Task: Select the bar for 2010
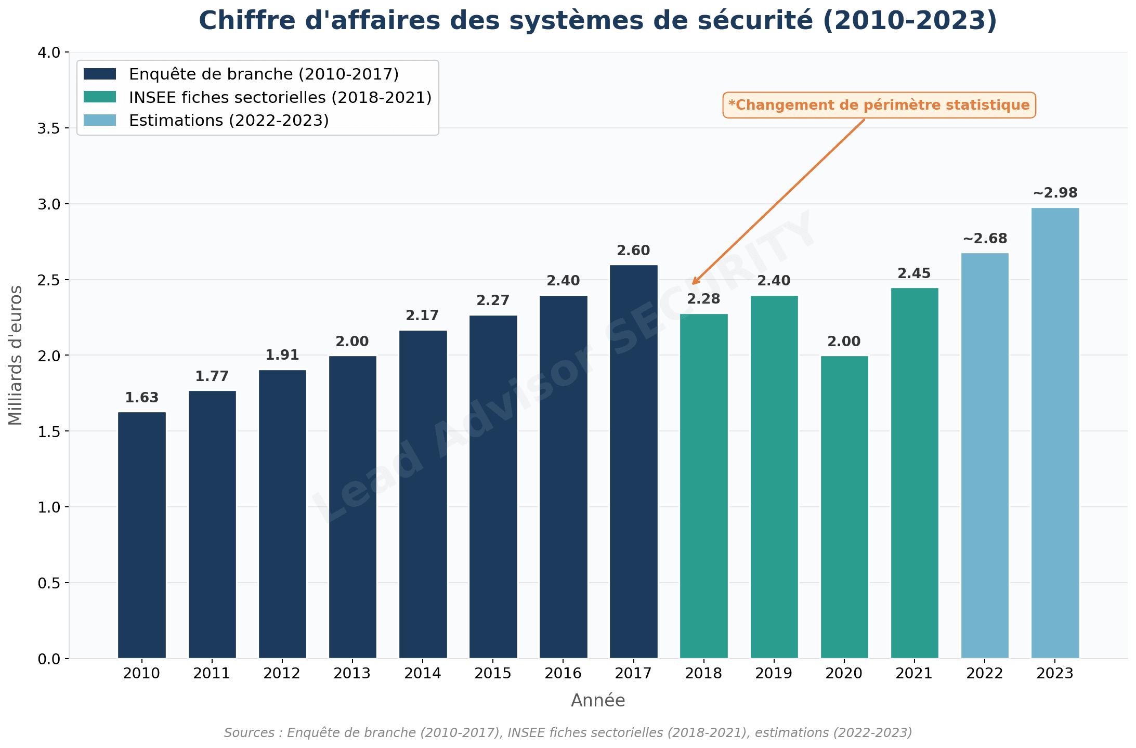point(141,535)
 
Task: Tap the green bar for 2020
point(844,507)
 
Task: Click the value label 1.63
point(141,398)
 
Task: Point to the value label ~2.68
point(985,239)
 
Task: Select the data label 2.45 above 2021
point(914,273)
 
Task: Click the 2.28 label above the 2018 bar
point(703,299)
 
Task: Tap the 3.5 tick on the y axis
point(48,128)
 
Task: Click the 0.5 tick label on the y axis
point(48,583)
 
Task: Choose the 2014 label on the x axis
point(423,674)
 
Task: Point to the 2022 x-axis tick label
point(985,674)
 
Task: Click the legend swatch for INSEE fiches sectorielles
point(100,97)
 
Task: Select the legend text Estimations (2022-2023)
point(229,121)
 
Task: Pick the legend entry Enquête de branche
point(264,74)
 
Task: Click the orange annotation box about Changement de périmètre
point(879,105)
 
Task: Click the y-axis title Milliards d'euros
point(16,355)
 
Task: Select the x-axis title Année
point(598,701)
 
